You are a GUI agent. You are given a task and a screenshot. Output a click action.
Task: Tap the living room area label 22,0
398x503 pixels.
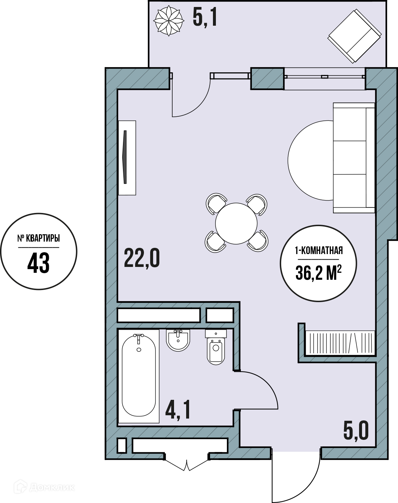click(x=142, y=258)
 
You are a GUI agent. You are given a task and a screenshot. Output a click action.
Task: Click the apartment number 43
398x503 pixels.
click(x=39, y=263)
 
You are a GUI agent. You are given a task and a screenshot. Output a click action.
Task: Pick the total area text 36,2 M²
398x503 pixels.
click(x=319, y=273)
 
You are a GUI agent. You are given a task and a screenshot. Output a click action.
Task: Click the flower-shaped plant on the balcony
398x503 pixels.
click(x=169, y=21)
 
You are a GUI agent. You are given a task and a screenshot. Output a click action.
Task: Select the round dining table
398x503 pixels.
click(x=236, y=223)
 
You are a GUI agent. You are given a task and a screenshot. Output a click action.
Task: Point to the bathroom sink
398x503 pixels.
click(x=178, y=340)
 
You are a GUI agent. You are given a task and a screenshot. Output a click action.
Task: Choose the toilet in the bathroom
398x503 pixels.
click(x=216, y=347)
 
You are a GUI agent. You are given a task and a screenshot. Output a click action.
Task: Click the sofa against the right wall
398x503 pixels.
click(x=354, y=158)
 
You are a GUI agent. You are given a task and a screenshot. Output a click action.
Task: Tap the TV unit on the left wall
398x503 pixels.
click(x=127, y=158)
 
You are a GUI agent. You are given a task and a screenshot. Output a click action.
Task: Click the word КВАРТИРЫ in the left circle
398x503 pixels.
click(x=43, y=238)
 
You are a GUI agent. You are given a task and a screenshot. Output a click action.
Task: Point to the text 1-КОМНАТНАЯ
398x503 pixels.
click(x=319, y=251)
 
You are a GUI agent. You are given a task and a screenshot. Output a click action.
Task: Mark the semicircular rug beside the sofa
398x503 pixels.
click(x=310, y=160)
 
